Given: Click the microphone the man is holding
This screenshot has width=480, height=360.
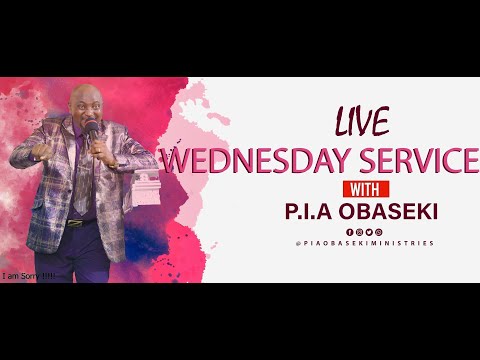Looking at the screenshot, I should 92,133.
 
